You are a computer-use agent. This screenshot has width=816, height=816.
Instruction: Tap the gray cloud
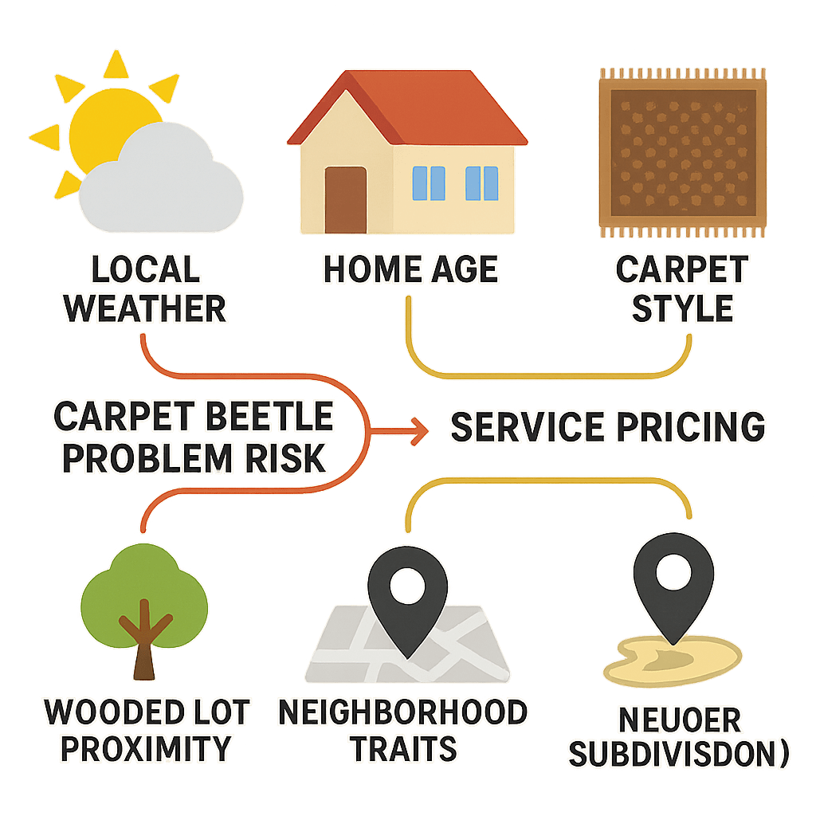(x=163, y=187)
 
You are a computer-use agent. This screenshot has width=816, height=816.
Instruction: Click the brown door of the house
(x=345, y=199)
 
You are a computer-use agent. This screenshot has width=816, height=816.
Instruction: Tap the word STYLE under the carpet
(x=682, y=308)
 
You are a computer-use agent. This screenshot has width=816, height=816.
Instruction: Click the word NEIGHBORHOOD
(x=402, y=712)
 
